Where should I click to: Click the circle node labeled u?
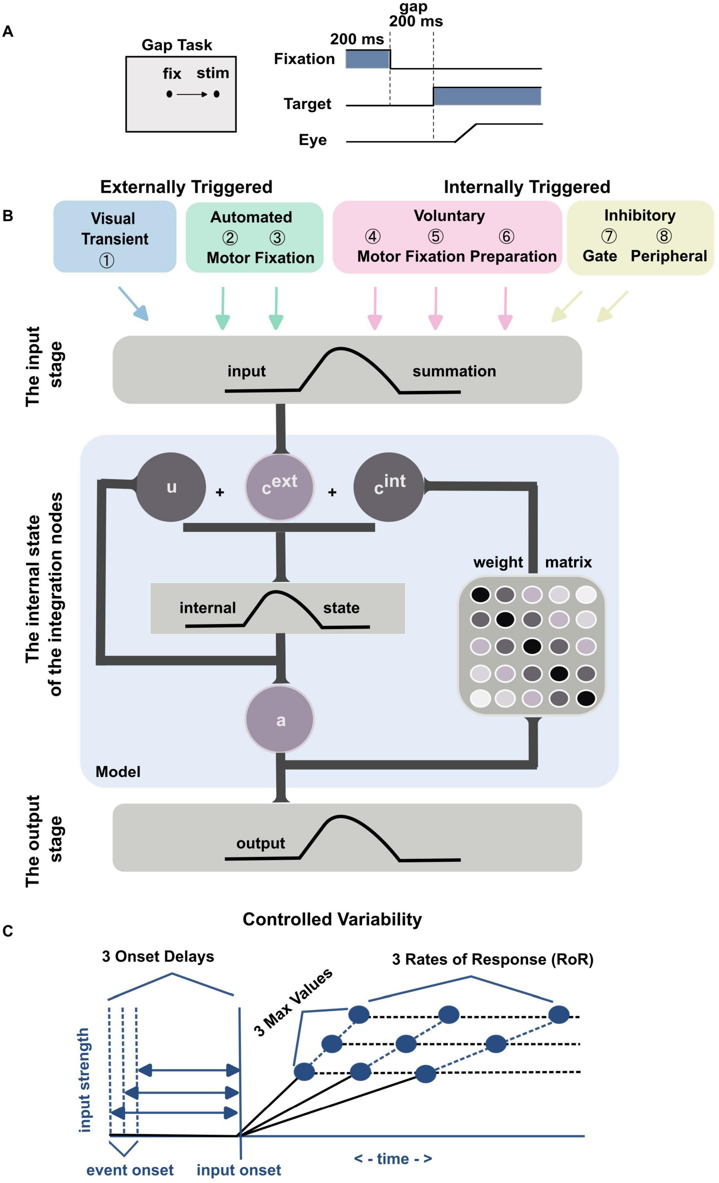(x=171, y=487)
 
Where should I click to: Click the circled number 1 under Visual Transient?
(x=106, y=260)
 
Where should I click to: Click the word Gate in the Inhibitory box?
(x=600, y=256)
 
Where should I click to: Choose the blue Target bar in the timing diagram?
(x=487, y=96)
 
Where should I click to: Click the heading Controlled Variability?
(x=332, y=919)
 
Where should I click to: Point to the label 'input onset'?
(x=239, y=1170)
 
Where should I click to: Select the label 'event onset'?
(x=130, y=1170)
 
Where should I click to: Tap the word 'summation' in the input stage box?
(x=454, y=371)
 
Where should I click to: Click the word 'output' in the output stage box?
(x=261, y=844)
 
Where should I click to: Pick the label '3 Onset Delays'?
(x=158, y=956)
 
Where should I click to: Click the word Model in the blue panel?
(x=118, y=772)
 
